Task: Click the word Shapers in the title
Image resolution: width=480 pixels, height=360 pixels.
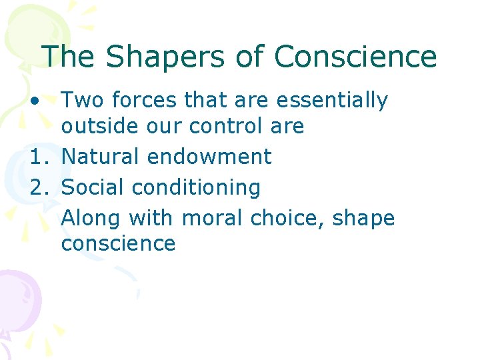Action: click(x=151, y=57)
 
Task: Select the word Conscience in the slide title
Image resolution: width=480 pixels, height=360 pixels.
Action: click(x=355, y=57)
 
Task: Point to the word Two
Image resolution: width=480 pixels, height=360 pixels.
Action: click(x=83, y=101)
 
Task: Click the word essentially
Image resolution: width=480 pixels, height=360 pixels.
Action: click(x=331, y=101)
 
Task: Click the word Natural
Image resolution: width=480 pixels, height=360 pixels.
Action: click(x=101, y=157)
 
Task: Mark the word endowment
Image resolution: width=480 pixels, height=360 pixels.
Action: click(x=209, y=157)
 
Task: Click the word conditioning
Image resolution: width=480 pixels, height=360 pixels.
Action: click(x=196, y=188)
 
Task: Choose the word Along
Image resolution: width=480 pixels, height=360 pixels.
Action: click(x=91, y=218)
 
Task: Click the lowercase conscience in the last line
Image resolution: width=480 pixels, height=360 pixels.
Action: click(x=118, y=243)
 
